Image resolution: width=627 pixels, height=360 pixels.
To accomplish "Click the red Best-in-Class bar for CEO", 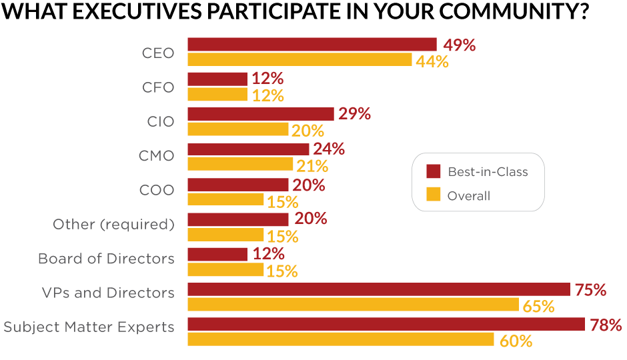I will coord(311,45).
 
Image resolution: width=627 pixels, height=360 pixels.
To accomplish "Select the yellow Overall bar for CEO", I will coord(299,60).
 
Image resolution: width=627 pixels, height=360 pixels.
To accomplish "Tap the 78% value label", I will coord(606,325).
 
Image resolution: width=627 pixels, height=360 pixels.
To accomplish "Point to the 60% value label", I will coord(516,341).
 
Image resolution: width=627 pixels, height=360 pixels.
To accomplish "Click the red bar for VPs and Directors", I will coord(378,289).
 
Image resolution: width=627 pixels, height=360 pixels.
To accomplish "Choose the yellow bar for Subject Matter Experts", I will coord(340,339).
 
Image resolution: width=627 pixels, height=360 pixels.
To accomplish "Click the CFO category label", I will coord(158,87).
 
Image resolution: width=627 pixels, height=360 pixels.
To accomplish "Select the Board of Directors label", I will coord(106,259).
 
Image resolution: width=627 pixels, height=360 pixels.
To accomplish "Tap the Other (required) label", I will coord(113,225).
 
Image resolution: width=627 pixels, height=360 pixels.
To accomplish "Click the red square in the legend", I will coord(434,172).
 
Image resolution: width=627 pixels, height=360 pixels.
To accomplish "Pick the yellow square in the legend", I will coord(434,195).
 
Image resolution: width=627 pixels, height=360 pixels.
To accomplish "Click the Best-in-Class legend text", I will coord(488,172).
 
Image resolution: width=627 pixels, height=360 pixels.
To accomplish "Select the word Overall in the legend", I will coord(469,196).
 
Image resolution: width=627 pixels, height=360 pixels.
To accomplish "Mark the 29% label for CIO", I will coord(354,114).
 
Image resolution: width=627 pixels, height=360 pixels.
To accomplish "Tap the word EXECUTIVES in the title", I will coord(129,13).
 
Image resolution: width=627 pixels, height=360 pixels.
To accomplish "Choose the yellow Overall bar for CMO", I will coord(240,164).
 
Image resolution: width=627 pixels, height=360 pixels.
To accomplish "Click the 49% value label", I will coord(459,45).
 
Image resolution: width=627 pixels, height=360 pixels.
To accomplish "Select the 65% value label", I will coord(539,307).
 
